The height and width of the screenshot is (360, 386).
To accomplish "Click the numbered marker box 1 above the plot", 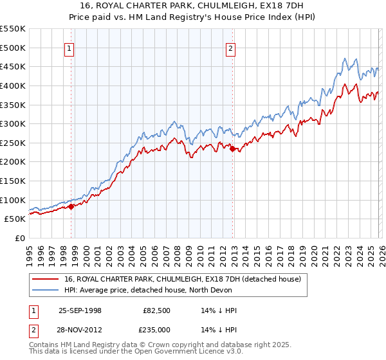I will pos(69,47).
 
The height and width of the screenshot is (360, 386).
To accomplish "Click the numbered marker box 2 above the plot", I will pos(230,47).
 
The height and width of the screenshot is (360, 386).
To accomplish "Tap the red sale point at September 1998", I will pos(71,206).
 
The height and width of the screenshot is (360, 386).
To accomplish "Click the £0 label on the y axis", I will pos(19,238).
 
